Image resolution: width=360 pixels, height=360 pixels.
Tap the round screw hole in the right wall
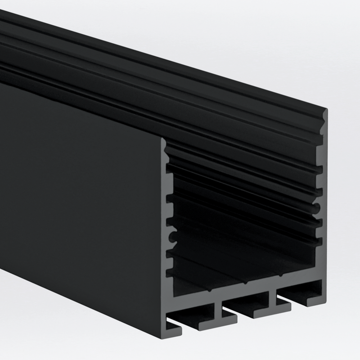[x=318, y=207]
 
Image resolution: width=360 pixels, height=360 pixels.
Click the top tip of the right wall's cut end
[x=325, y=111]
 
